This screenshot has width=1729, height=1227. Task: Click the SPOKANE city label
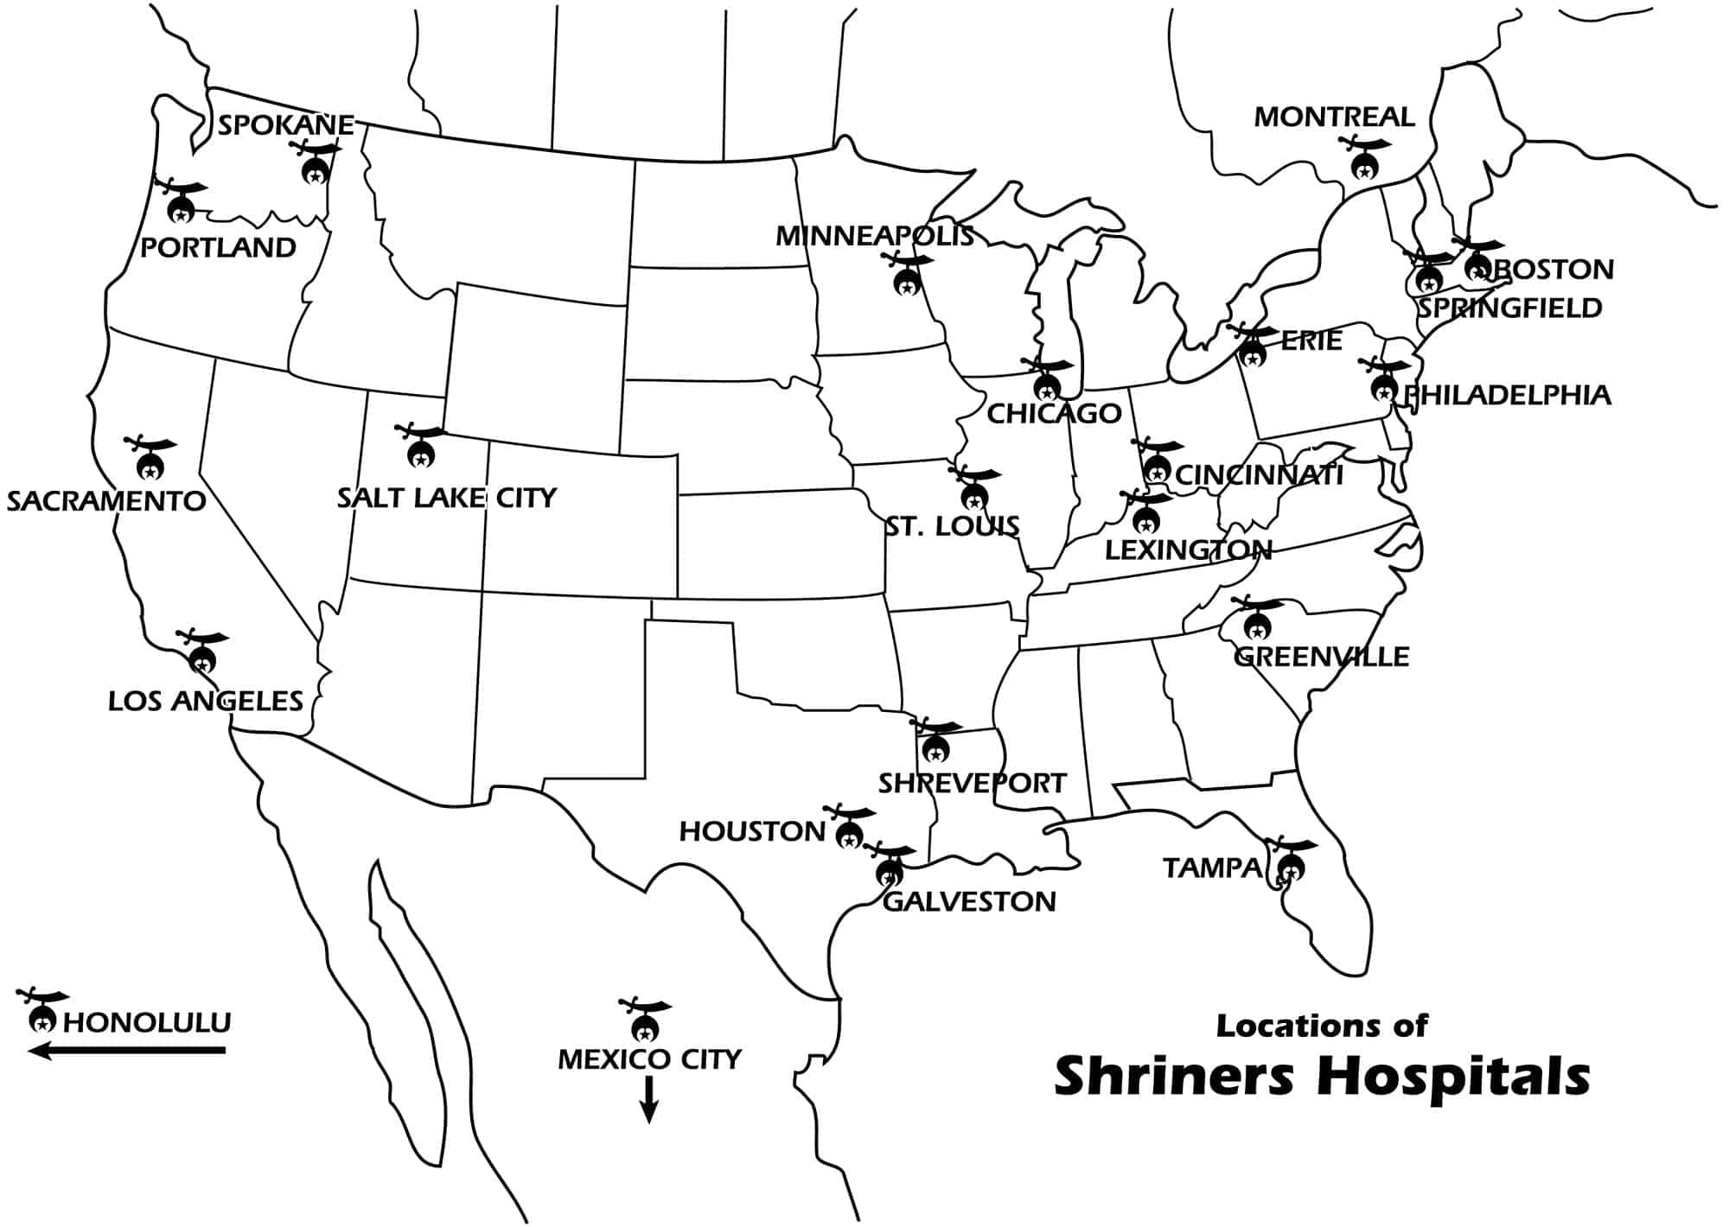point(285,125)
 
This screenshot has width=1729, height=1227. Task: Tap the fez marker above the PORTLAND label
point(182,206)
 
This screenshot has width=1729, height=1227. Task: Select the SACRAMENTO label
point(106,501)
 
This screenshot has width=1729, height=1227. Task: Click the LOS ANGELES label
point(206,701)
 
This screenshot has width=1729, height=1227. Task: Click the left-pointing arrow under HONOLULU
point(126,1051)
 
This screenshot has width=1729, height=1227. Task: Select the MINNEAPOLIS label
point(874,236)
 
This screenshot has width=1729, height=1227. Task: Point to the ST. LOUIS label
point(952,526)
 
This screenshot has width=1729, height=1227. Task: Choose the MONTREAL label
point(1334,117)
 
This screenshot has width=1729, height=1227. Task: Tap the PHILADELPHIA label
point(1507,396)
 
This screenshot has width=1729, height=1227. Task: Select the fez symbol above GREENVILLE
point(1258,624)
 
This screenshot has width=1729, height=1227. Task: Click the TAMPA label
point(1212,868)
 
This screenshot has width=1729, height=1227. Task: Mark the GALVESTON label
point(969,902)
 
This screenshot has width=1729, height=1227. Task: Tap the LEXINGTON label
point(1189,550)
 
